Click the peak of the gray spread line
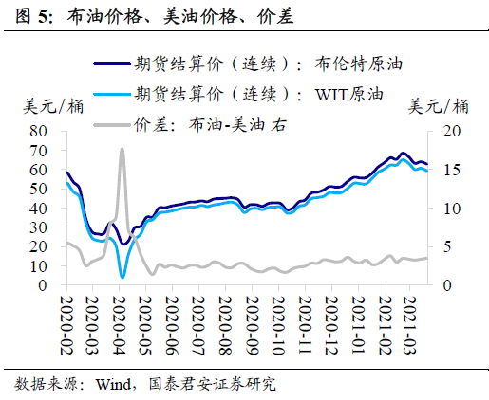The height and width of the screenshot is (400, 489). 122,150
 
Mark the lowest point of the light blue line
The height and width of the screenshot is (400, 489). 122,276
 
